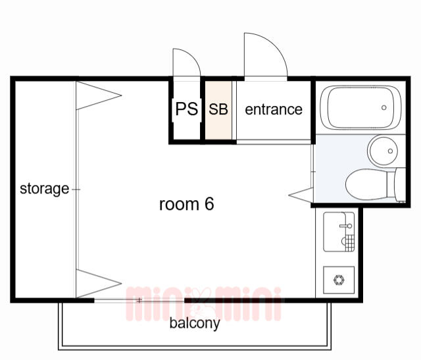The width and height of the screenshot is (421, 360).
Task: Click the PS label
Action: pos(187,109)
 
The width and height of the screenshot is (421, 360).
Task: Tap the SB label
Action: pos(218,109)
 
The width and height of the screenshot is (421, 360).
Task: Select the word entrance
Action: pos(274,109)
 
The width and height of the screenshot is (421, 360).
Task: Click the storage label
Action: pos(44,189)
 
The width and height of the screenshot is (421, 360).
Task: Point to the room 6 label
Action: pos(187,204)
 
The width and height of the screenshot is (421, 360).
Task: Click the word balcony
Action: pos(195,323)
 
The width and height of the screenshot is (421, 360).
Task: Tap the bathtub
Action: pos(361,108)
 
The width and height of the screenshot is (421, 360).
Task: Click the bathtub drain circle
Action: pos(384,107)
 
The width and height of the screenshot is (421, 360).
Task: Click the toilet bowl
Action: pos(366,184)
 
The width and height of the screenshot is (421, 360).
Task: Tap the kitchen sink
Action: pos(339,232)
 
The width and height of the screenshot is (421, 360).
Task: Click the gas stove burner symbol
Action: pos(339,280)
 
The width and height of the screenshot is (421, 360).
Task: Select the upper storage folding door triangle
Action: pos(99,95)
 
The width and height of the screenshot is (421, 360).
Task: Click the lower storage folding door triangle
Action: pos(99,284)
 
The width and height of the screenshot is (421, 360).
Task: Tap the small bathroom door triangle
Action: pos(301,195)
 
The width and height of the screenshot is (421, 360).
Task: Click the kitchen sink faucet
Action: pos(346,226)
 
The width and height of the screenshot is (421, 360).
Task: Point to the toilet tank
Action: pos(401,184)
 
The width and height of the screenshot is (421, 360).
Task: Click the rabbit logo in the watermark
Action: pos(203,303)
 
